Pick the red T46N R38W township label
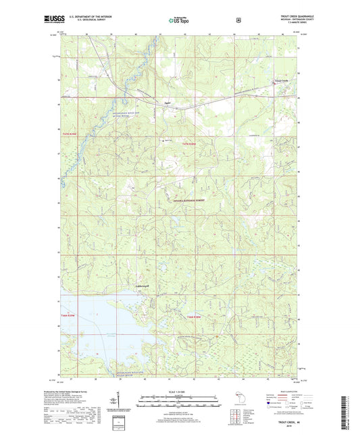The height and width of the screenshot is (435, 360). [195, 317]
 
